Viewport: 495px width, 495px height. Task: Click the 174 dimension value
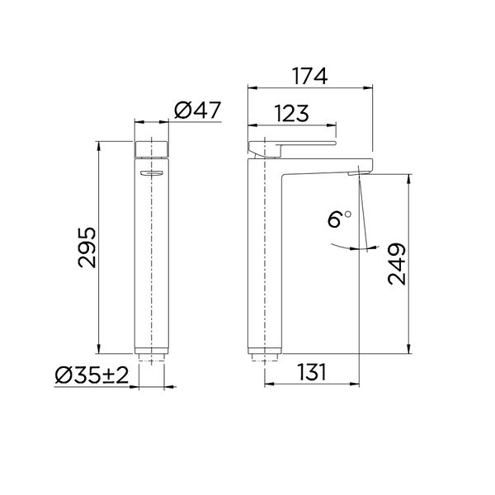[310, 76]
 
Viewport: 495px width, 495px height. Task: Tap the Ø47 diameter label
[199, 111]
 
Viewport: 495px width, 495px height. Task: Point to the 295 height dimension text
[87, 247]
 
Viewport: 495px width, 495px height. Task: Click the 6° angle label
[338, 219]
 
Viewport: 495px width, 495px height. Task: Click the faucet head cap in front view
[152, 149]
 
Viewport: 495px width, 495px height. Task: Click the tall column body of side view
[264, 264]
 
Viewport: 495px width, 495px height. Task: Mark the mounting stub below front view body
[152, 359]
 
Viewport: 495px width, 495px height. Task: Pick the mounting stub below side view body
[264, 359]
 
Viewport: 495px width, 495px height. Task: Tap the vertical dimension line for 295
[99, 247]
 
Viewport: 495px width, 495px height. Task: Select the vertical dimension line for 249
[409, 264]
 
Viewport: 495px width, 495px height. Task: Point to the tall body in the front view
[152, 264]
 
